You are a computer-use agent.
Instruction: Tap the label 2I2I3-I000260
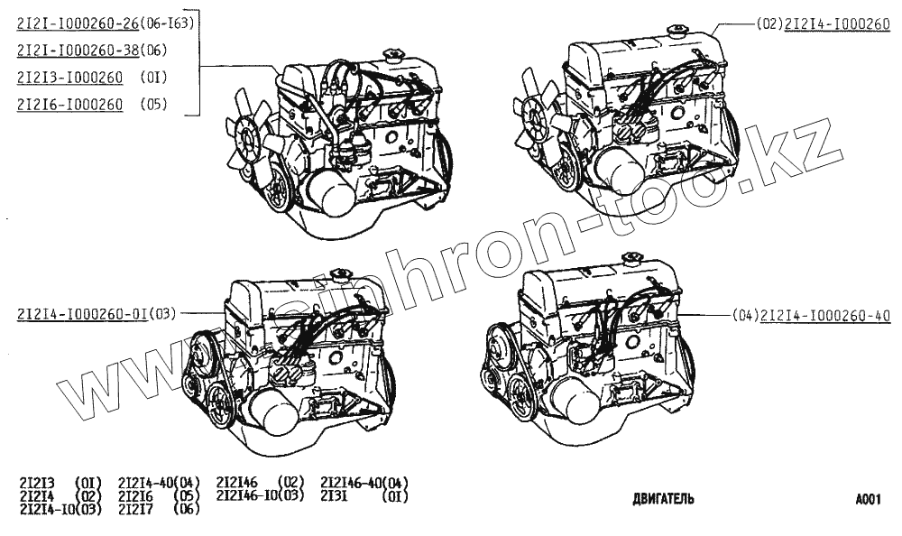coord(69,78)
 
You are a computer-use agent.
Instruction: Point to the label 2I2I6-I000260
coord(69,105)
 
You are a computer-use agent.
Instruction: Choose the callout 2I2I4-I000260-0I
coord(81,314)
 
